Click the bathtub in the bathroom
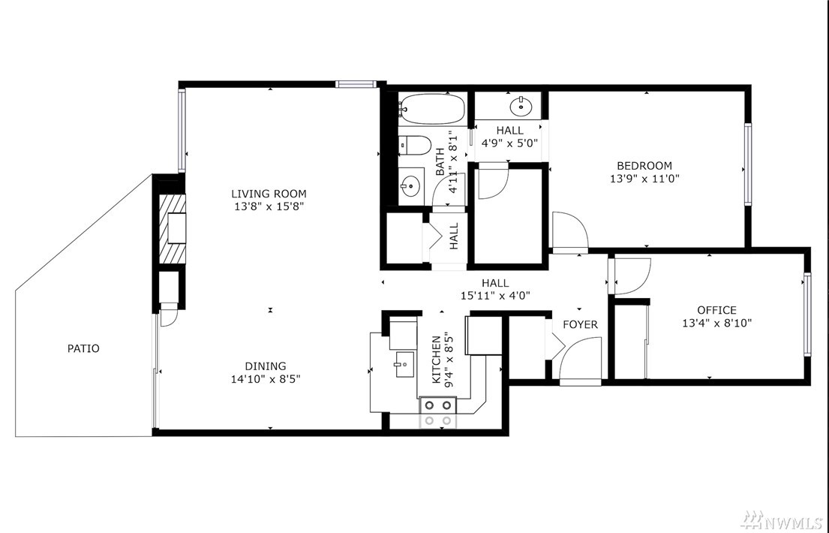431,109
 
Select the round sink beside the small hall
521,107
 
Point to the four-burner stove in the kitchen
438,413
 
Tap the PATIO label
83,348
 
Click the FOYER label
580,324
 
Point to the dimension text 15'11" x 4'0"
495,296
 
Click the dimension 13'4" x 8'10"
717,323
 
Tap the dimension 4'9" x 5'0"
509,143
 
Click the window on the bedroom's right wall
748,164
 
